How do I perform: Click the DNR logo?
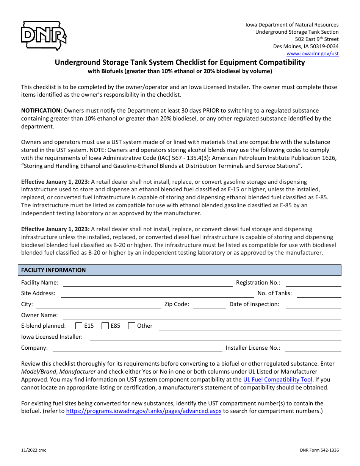pyautogui.click(x=44, y=36)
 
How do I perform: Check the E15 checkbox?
pyautogui.click(x=79, y=326)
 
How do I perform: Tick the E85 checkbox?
pyautogui.click(x=105, y=326)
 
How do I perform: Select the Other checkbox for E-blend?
pyautogui.click(x=132, y=326)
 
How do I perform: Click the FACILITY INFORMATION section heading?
pyautogui.click(x=53, y=270)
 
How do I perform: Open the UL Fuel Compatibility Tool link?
pyautogui.click(x=278, y=380)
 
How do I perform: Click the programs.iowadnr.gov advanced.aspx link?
pyautogui.click(x=144, y=411)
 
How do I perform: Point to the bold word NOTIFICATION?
pyautogui.click(x=42, y=111)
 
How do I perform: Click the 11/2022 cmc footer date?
pyautogui.click(x=34, y=450)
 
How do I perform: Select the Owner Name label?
pyautogui.click(x=39, y=315)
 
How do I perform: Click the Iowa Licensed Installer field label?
pyautogui.click(x=52, y=337)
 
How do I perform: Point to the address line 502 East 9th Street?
pyautogui.click(x=317, y=39)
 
